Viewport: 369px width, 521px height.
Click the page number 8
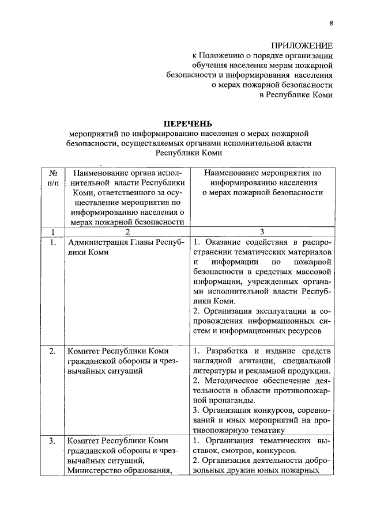point(332,23)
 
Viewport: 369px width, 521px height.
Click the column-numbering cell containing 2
point(125,232)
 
